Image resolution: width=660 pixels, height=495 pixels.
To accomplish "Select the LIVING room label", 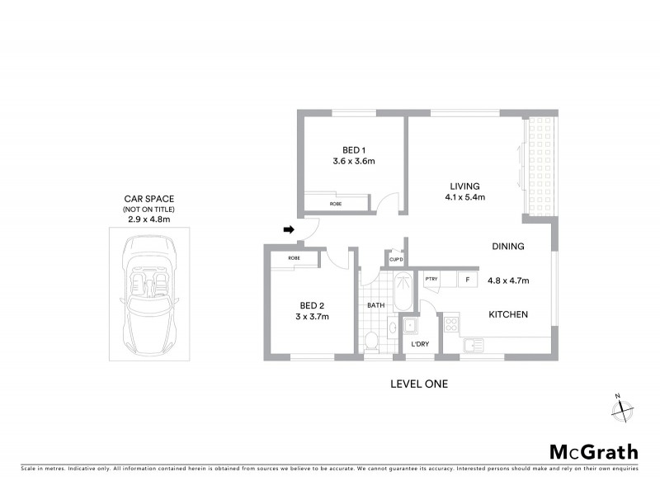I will coord(464,186).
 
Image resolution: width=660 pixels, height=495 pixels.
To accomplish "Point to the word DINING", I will coord(508,246).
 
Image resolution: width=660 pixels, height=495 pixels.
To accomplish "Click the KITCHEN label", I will coord(508,314).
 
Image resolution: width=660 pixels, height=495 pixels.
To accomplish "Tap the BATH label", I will coord(376,305).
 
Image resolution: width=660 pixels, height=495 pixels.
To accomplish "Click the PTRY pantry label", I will coord(431,280).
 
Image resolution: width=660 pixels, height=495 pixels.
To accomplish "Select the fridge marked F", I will coord(467,280).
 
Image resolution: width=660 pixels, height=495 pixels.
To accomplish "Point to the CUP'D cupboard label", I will coord(395,260).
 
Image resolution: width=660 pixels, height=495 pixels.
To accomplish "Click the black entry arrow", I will coord(289,229).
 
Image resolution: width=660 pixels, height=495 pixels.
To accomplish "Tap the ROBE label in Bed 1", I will coord(336,203).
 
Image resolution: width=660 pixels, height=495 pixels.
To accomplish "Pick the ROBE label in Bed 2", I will coord(295,259).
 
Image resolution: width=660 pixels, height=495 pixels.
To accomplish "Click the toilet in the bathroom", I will coord(372,340).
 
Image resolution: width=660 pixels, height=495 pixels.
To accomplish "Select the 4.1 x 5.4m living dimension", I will coord(464,197).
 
